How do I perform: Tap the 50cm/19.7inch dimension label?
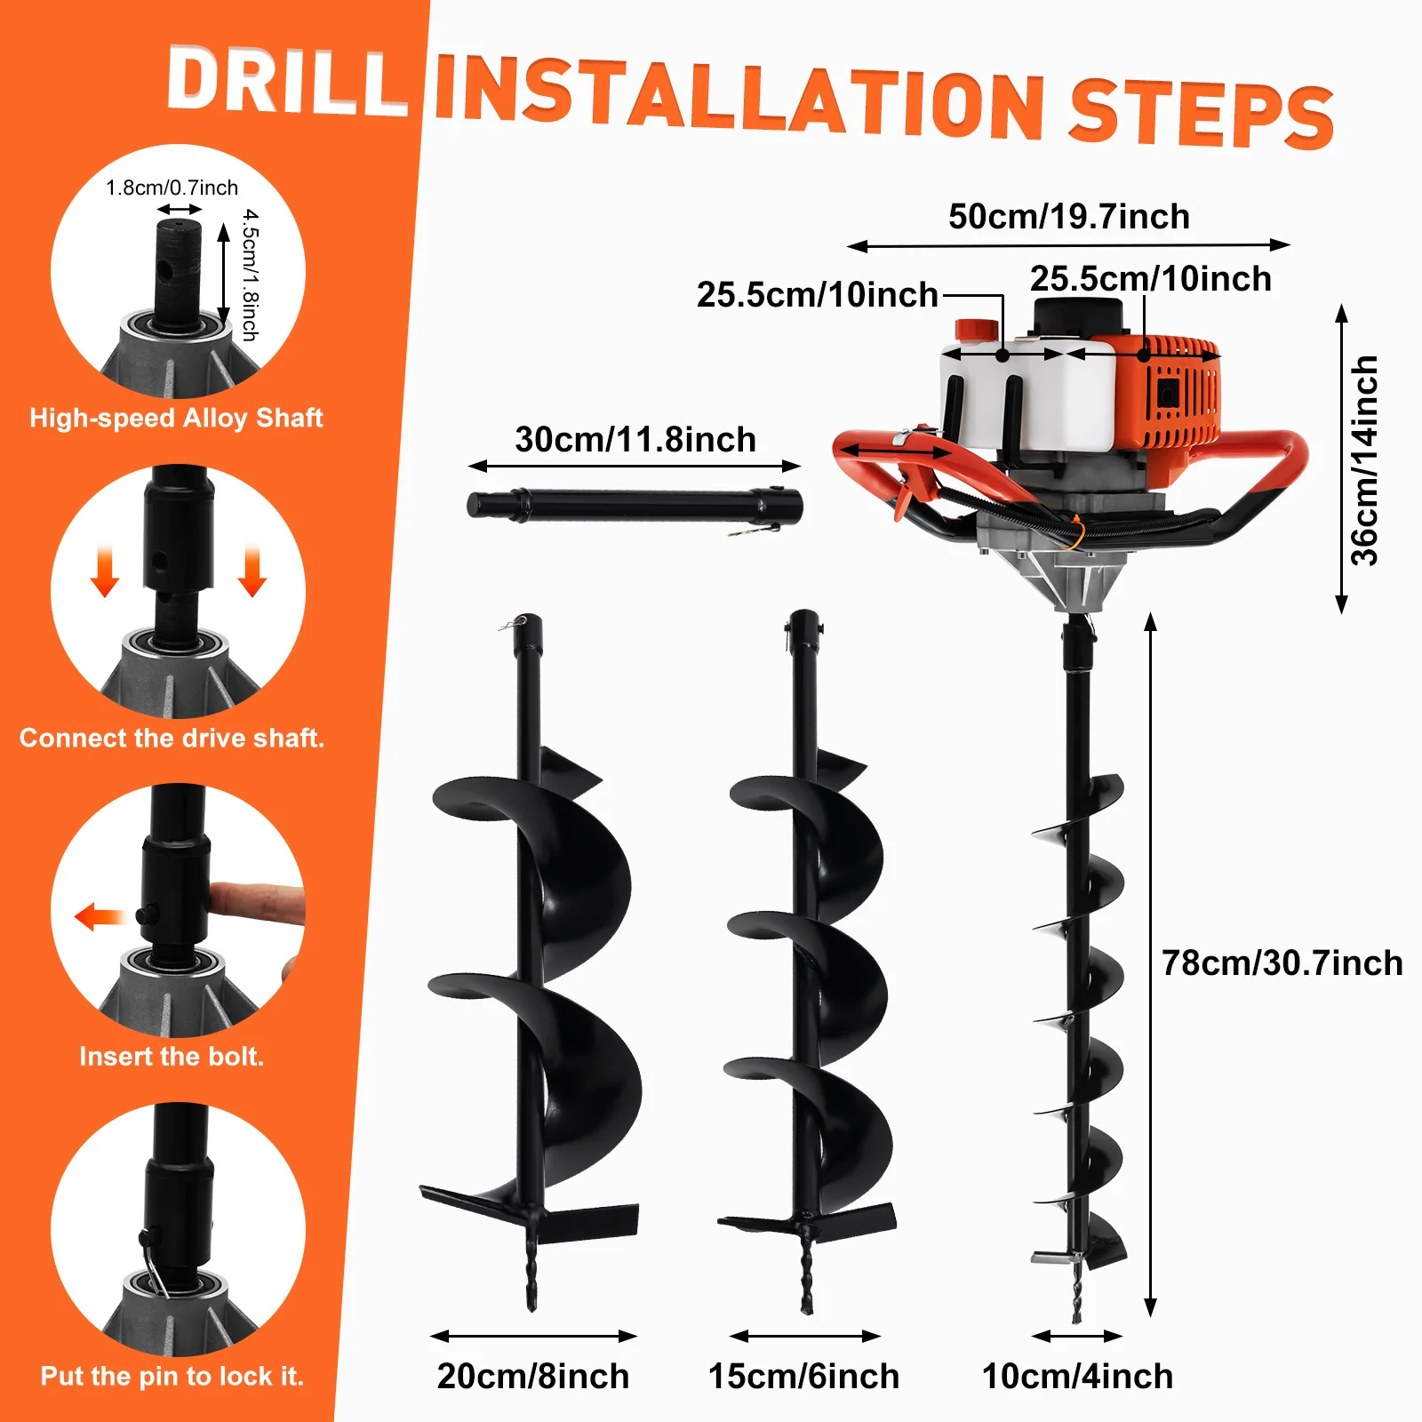tap(1068, 217)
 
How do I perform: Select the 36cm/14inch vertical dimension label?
tap(1364, 460)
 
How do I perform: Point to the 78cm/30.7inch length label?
tap(1282, 963)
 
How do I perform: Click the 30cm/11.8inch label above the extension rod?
tap(635, 440)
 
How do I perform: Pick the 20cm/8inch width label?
tap(533, 1376)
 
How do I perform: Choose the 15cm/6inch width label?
tap(803, 1376)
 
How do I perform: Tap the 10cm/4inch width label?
tap(1077, 1376)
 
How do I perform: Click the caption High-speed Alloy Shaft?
tap(176, 418)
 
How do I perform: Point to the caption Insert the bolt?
tap(172, 1056)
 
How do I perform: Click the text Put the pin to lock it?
tap(172, 1376)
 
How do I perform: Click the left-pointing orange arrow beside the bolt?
tap(98, 915)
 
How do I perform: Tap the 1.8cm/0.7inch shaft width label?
tap(172, 188)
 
